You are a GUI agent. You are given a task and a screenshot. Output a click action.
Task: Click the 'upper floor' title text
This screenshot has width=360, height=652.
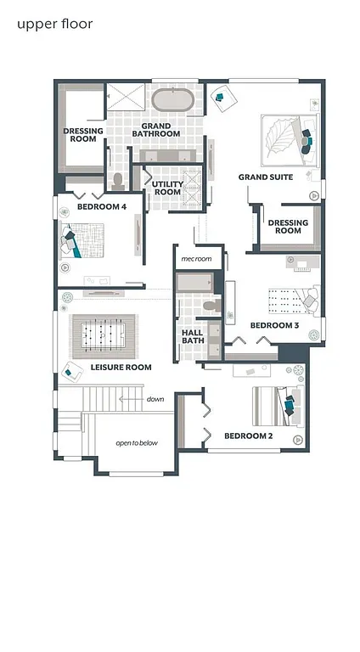click(54, 24)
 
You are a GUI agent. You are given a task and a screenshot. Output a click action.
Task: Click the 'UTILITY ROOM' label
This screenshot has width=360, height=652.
click(167, 188)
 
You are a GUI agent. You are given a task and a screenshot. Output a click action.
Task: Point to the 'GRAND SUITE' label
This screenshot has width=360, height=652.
click(265, 177)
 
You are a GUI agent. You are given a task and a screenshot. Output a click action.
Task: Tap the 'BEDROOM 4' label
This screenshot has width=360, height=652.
click(101, 206)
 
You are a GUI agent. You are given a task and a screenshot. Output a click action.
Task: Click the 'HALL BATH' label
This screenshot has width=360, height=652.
click(193, 336)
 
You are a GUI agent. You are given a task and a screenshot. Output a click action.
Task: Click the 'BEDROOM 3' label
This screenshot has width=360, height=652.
click(273, 325)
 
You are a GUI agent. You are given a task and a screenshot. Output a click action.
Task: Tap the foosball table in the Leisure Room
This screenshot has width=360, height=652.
click(104, 334)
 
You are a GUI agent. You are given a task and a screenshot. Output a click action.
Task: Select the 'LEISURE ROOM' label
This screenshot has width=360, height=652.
click(121, 368)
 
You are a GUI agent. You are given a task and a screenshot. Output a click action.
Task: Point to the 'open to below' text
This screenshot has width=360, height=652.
click(137, 443)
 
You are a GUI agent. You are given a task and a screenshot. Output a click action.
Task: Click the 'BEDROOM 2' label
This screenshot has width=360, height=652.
click(248, 436)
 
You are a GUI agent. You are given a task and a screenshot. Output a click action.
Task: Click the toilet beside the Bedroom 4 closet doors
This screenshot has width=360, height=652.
click(119, 181)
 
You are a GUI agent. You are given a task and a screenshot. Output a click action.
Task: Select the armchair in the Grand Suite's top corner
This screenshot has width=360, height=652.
click(220, 96)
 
